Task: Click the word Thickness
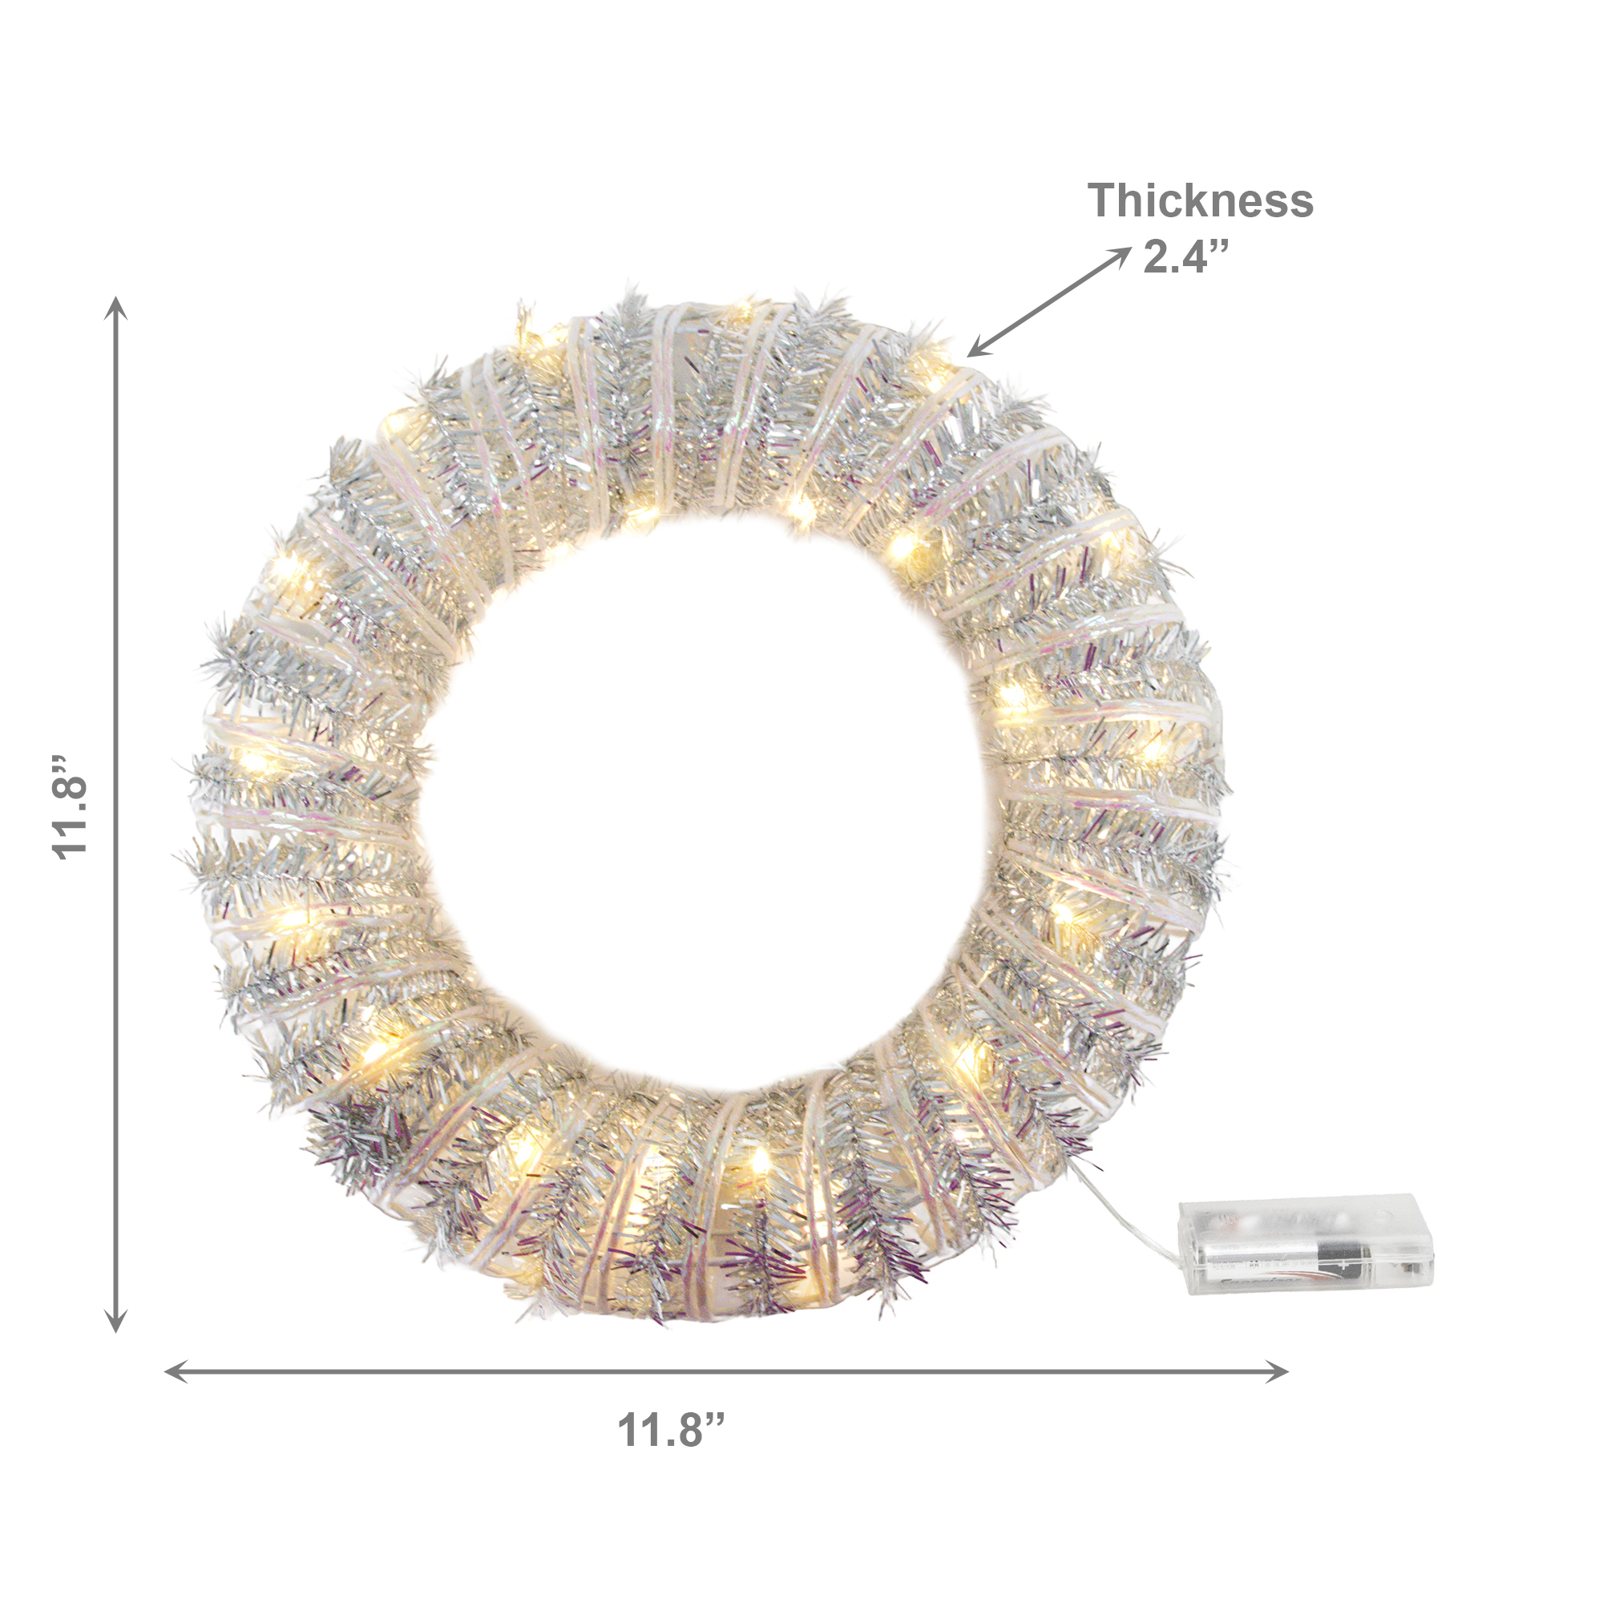point(1200,201)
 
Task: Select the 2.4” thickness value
point(1185,256)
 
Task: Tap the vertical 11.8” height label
point(71,807)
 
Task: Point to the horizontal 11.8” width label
point(670,1430)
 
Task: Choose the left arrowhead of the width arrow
point(176,1371)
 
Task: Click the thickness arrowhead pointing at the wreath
point(977,349)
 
